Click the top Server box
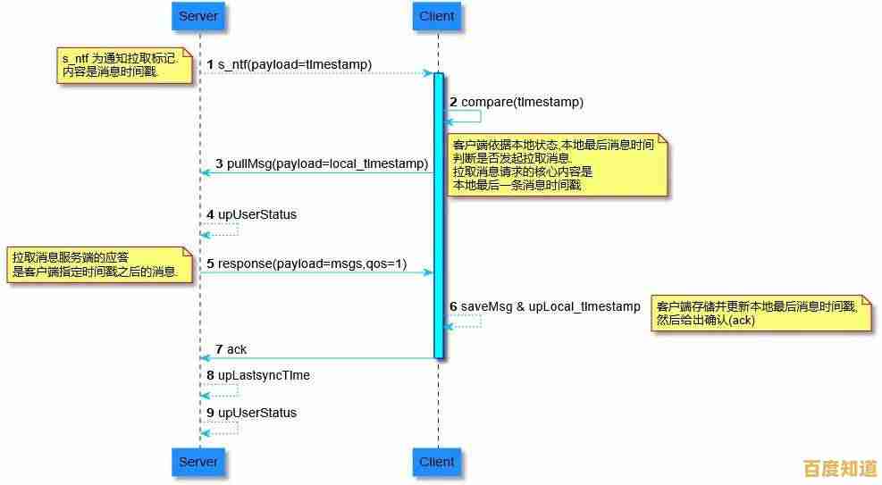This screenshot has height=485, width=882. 198,16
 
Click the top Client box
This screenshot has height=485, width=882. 437,16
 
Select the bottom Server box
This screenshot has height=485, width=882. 198,462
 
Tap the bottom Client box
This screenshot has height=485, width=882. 437,462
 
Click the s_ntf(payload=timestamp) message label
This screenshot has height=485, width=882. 294,64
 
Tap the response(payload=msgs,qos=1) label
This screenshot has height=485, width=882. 312,263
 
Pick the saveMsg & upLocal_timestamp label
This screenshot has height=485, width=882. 550,306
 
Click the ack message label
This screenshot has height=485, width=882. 236,349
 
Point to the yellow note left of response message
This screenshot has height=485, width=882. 99,264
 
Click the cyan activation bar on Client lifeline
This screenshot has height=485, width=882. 439,214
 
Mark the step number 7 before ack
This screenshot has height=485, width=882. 219,349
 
